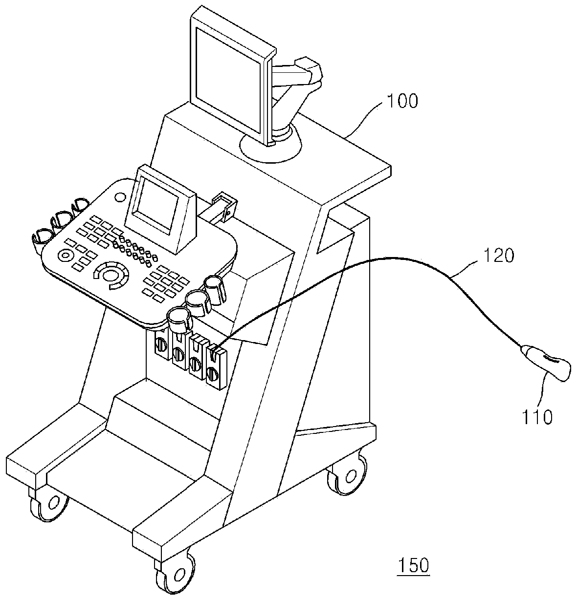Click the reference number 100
click(402, 102)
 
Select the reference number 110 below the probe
click(537, 417)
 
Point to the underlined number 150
click(414, 565)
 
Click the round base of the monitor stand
click(271, 145)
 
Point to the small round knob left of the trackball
click(66, 255)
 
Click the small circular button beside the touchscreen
click(121, 196)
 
